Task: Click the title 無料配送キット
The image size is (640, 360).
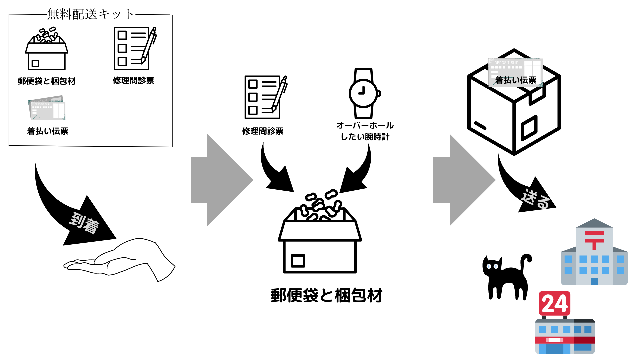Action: click(x=90, y=14)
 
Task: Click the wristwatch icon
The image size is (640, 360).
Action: click(x=364, y=93)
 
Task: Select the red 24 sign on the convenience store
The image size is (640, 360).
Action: click(x=554, y=303)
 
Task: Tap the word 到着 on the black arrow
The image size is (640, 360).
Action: click(x=84, y=223)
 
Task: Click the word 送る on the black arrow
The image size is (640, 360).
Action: click(x=535, y=199)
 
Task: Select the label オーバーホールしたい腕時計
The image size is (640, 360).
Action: click(x=365, y=131)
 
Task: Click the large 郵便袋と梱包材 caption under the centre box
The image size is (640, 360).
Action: click(x=326, y=295)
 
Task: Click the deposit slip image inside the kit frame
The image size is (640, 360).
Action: click(x=47, y=108)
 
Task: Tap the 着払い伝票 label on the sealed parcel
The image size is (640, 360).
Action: click(x=515, y=80)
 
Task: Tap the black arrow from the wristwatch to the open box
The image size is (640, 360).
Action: click(x=357, y=173)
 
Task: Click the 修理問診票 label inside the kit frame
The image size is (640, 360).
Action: click(x=133, y=80)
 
